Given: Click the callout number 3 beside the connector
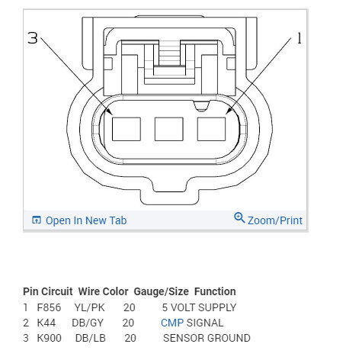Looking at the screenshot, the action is coord(33,38).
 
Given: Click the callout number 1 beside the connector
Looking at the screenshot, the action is coord(300,38).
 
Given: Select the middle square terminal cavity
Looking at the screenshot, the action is coord(169,129).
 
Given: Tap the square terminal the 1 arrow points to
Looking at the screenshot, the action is coord(211,129).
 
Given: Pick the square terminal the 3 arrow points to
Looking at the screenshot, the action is coord(127,129).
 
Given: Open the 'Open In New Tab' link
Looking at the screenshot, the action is coord(86,220).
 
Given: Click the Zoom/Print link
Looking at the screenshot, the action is coord(275,220).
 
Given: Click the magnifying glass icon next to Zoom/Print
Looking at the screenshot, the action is coord(239,218).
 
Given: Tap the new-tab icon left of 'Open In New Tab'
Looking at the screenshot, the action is coord(37,220).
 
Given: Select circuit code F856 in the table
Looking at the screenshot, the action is coord(49,307).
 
